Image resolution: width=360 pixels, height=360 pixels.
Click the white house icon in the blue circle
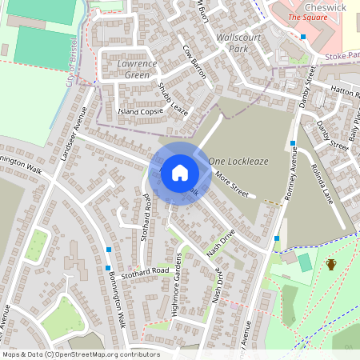coord(179,172)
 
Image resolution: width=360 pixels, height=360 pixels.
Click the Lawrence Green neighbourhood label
coord(126,69)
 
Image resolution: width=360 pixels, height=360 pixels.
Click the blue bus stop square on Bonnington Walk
coord(108,250)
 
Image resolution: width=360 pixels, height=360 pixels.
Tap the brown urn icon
coord(330,264)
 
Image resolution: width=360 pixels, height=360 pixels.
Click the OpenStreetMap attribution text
coord(80,354)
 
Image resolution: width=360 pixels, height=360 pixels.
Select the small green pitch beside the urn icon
coord(304,262)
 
